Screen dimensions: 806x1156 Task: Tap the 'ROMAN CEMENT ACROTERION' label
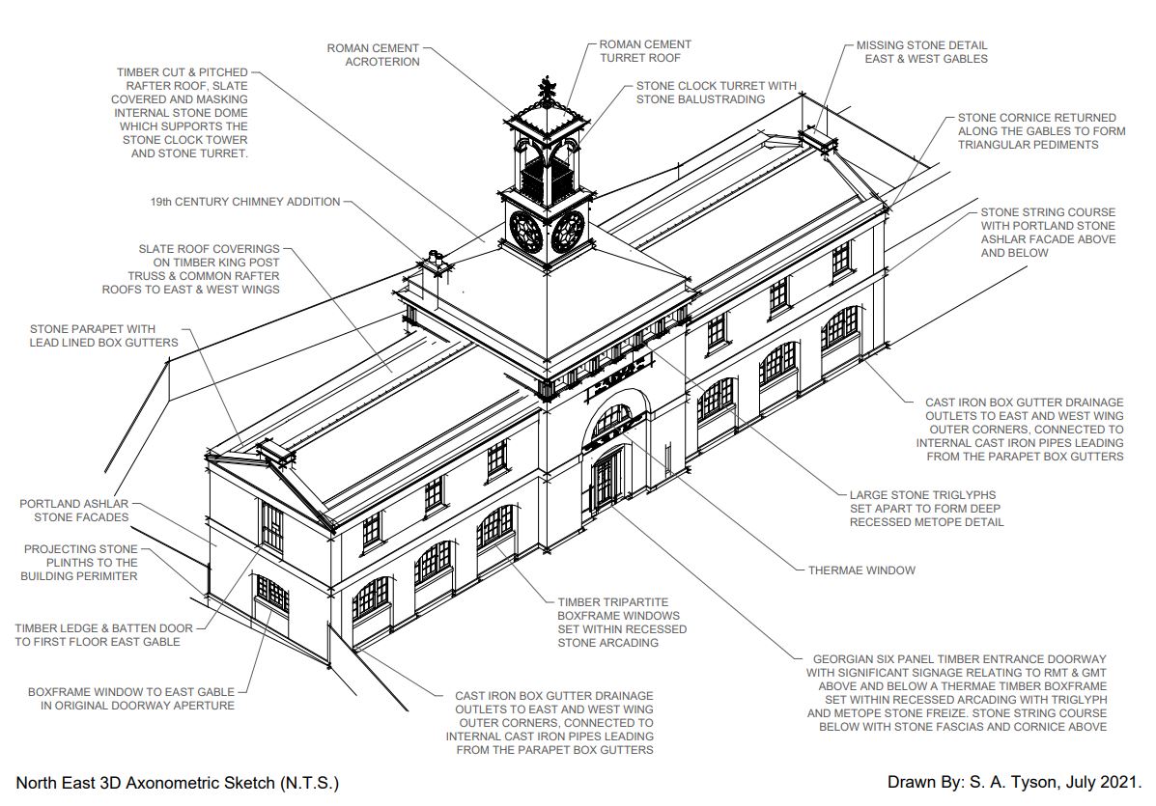click(374, 54)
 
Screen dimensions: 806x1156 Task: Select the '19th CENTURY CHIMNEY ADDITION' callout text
click(245, 203)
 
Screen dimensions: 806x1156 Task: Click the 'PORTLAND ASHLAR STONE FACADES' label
click(73, 511)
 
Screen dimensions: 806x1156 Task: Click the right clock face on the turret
click(568, 232)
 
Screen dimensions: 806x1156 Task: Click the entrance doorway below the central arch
click(606, 480)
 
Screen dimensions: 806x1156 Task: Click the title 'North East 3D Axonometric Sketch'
click(178, 783)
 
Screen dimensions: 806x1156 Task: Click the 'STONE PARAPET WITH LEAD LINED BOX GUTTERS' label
click(104, 336)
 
